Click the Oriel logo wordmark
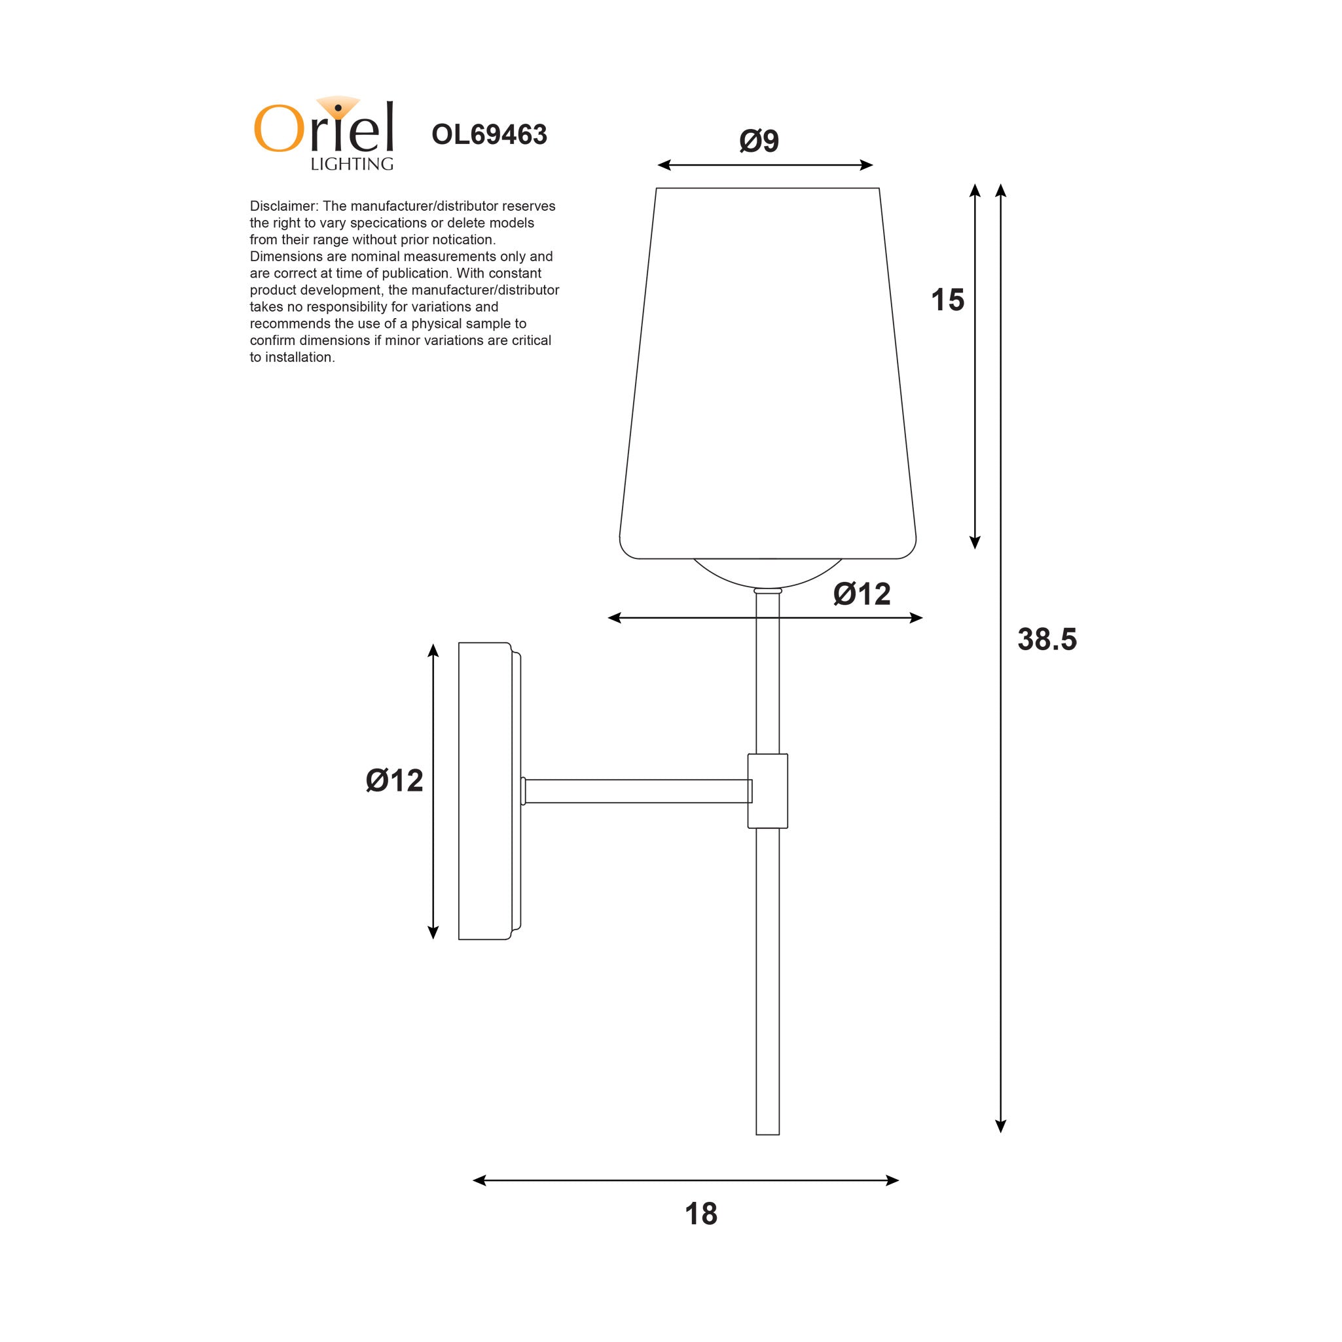323,128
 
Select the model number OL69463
489,135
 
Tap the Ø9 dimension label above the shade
759,141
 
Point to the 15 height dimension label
947,300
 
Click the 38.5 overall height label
1047,639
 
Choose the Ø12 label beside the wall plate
394,781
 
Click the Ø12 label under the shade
861,594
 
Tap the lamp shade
767,375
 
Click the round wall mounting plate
486,791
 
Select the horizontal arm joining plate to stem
636,791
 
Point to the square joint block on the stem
767,791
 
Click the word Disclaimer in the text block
283,206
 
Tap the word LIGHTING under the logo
352,164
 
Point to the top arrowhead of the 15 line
975,190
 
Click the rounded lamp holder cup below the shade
767,573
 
